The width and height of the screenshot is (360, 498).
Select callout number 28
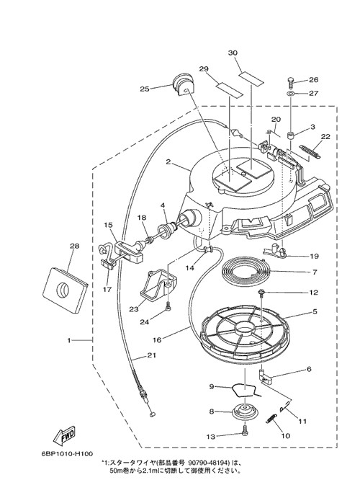pyautogui.click(x=75, y=246)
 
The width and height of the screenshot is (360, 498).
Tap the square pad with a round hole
pyautogui.click(x=65, y=290)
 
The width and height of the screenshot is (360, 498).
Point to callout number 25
pyautogui.click(x=144, y=89)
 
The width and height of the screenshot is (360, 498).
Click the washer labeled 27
pyautogui.click(x=291, y=94)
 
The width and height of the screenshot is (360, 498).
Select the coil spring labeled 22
pyautogui.click(x=310, y=151)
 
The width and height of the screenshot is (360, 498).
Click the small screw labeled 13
pyautogui.click(x=245, y=432)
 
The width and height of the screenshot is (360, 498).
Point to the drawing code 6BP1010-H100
pyautogui.click(x=67, y=453)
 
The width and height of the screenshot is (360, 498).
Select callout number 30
pyautogui.click(x=233, y=53)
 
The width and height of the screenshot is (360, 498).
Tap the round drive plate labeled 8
pyautogui.click(x=246, y=412)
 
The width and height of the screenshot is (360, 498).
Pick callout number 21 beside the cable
pyautogui.click(x=152, y=355)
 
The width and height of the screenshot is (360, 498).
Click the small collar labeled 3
pyautogui.click(x=292, y=136)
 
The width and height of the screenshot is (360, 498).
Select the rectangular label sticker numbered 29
pyautogui.click(x=229, y=90)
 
